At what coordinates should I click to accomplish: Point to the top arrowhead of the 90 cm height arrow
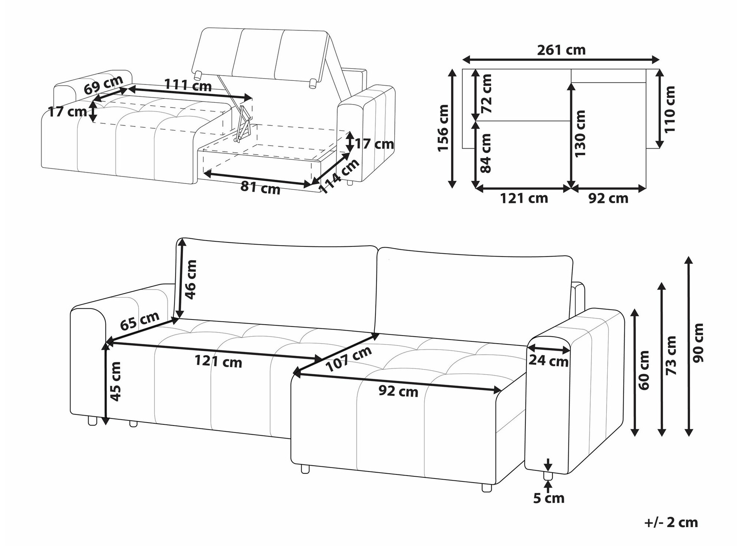(689, 257)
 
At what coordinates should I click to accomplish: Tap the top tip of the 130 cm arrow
(571, 83)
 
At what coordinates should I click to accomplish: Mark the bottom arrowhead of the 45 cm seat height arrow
(106, 424)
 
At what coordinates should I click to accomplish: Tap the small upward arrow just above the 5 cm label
(548, 485)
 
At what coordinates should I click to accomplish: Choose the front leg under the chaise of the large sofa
(305, 469)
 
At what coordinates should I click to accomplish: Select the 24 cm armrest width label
(548, 361)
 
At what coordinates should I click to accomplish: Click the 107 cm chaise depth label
(348, 359)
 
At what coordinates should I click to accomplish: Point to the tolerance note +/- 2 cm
(671, 522)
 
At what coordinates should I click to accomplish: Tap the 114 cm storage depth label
(339, 176)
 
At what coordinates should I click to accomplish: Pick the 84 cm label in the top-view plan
(485, 153)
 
